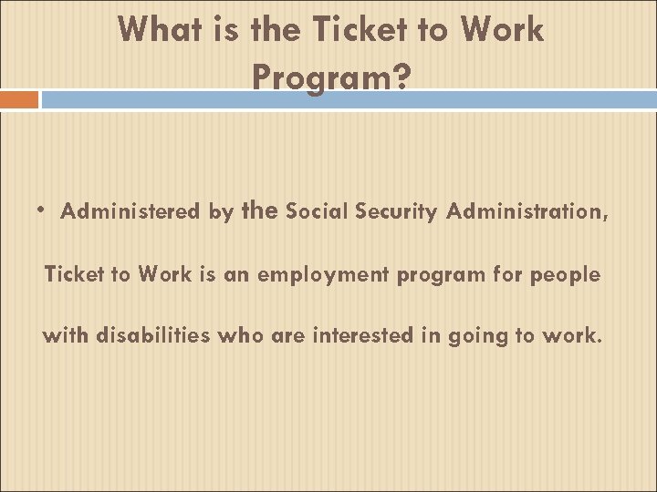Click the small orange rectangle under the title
(x=19, y=98)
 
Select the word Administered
(x=131, y=212)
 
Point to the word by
(x=221, y=212)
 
